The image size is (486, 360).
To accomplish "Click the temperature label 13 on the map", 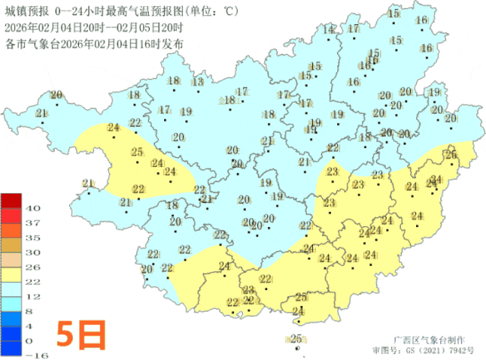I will point(198,82).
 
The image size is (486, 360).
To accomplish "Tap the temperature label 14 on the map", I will point(329,30).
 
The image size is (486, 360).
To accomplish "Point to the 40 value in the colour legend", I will point(33,207).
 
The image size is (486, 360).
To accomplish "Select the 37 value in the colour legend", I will point(33,223).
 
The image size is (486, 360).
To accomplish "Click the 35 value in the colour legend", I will point(33,237).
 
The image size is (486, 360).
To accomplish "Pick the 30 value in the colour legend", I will point(33,252).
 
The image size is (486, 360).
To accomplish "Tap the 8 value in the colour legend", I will point(32,311).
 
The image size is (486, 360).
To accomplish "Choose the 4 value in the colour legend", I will point(32,326).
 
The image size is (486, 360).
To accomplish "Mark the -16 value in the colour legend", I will point(33,355).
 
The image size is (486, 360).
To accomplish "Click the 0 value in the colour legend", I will point(32,341).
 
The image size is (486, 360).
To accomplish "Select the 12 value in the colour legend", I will point(33,296).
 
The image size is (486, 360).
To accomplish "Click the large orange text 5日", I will point(80,333).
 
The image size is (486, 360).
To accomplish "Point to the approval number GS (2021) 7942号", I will point(437,350).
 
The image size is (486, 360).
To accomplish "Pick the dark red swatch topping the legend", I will point(11,201).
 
